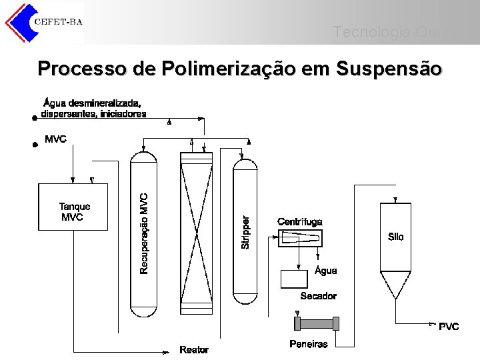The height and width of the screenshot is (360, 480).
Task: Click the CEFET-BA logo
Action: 44,21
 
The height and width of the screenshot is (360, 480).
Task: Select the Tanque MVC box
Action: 73,207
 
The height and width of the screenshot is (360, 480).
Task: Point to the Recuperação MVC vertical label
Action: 145,233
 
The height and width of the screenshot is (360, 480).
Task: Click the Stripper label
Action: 245,232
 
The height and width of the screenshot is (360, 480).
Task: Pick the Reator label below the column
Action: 194,350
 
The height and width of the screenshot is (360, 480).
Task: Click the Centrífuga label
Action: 300,221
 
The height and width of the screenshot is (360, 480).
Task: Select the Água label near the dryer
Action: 325,271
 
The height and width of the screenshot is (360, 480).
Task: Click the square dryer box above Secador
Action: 294,279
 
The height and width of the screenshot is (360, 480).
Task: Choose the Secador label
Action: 319,296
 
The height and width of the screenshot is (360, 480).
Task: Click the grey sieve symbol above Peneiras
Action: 317,324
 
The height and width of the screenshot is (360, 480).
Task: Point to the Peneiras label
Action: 309,344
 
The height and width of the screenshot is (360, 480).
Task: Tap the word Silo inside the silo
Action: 395,237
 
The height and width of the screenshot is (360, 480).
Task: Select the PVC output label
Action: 449,327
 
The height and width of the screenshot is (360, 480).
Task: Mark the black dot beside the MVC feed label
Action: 35,143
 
